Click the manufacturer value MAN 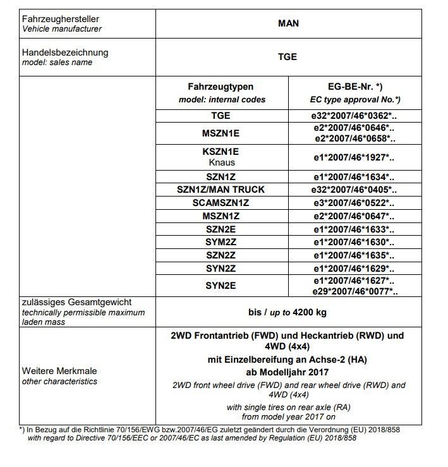click(x=288, y=23)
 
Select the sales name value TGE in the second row click(x=288, y=57)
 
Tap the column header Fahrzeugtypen click(x=221, y=86)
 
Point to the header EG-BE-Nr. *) click(x=354, y=86)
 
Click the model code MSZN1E click(x=221, y=133)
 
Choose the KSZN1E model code click(x=221, y=152)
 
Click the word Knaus click(x=221, y=162)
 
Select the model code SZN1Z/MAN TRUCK click(x=221, y=190)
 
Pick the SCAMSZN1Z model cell click(x=221, y=203)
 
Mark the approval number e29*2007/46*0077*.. click(x=354, y=291)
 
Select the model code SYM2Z click(x=221, y=242)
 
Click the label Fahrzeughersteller click(x=61, y=20)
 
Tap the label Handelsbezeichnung click(x=65, y=52)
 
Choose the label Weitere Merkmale click(x=59, y=371)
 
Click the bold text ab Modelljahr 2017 click(x=288, y=372)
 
